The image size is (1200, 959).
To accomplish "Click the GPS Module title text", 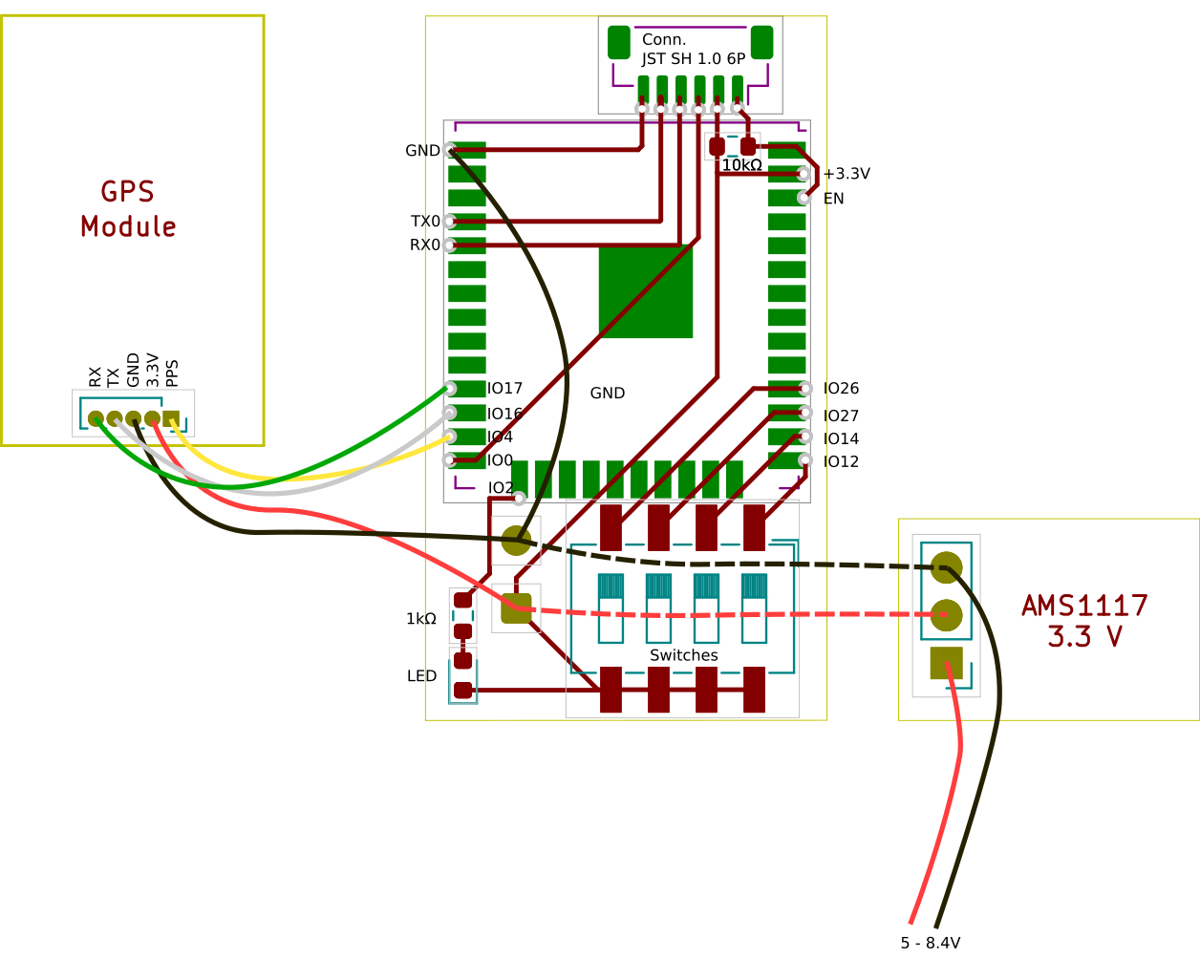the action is coord(128,209).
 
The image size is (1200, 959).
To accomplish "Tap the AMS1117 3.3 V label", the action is coord(1084,621).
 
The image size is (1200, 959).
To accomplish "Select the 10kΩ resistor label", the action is coord(741,165).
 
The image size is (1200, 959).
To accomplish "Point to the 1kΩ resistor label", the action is coord(421,618).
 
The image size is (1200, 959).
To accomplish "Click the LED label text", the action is coord(421,675).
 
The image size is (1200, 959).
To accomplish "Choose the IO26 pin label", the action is coord(841,388).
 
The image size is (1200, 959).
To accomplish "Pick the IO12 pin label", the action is coord(841,461).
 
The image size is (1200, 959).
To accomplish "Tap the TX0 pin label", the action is coord(425,222).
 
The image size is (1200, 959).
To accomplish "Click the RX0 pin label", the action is coord(425,245).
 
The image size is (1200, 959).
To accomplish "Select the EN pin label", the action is coord(834,199).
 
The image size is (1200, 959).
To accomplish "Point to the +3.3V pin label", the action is coord(846,174).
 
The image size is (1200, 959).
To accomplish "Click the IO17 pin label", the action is coord(504,388).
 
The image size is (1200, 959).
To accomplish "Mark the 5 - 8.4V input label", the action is coord(931,943).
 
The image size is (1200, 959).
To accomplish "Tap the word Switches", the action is coord(684,655).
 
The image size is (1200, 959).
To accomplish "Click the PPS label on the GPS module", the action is coord(172,373).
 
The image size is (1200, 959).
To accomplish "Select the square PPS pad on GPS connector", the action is coord(171,418).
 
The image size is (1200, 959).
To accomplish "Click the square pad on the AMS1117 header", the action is coord(946,663).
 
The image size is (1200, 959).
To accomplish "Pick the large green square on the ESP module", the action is coord(646,292).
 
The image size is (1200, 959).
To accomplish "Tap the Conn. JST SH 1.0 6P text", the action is coord(693,49).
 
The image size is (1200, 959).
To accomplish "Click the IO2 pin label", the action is coord(501,488).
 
